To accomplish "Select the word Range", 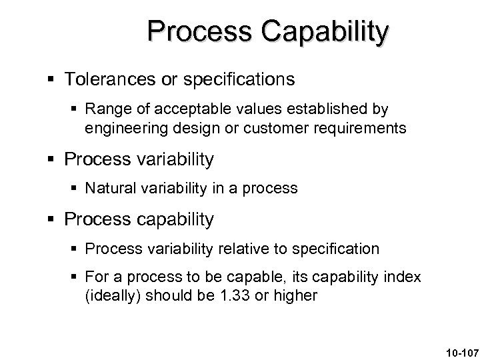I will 105,109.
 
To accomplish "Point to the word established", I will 323,109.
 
